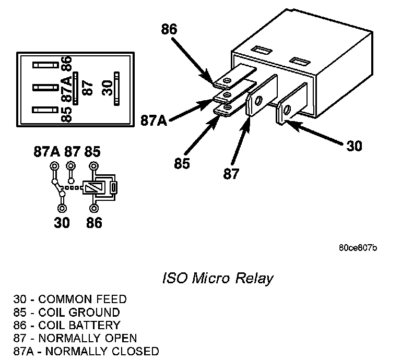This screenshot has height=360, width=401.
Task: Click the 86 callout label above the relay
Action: pos(169,30)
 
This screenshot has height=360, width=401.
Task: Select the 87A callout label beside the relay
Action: pos(154,121)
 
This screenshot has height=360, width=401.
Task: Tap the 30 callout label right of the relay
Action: pos(354,146)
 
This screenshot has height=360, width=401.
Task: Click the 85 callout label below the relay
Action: pos(182,163)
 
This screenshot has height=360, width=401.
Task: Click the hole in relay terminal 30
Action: pos(286,110)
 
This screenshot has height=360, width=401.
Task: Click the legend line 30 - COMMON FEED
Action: pos(70,299)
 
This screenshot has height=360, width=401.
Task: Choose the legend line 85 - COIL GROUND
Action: pos(66,313)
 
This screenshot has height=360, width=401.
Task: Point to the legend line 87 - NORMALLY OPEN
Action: pos(75,338)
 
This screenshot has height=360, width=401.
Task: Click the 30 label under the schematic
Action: pos(62,223)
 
